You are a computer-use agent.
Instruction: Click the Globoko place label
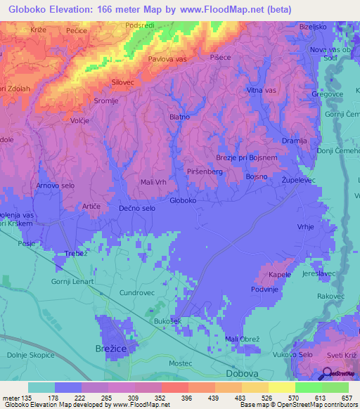(183, 201)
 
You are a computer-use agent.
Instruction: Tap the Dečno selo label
(137, 209)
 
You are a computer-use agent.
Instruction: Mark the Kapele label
(280, 274)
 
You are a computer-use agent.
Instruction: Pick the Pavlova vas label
(166, 59)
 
